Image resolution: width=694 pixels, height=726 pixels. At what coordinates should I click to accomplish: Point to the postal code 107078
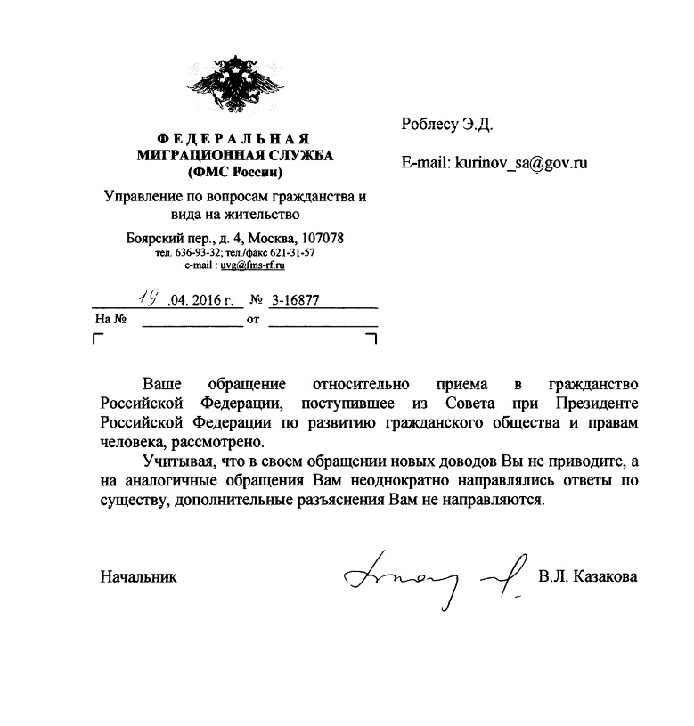click(323, 239)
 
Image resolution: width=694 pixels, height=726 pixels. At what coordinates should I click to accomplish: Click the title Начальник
click(139, 577)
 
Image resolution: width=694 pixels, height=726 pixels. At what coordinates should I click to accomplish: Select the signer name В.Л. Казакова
click(587, 577)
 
